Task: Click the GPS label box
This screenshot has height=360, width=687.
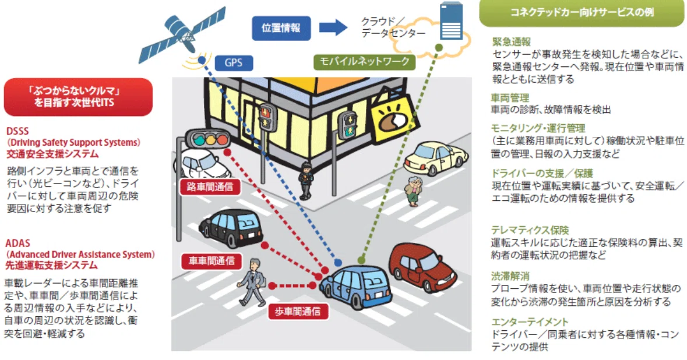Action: point(234,63)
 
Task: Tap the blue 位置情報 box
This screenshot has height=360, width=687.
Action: point(281,28)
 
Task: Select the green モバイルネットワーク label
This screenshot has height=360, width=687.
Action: point(364,61)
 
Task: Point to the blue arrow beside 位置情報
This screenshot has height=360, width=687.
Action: point(333,27)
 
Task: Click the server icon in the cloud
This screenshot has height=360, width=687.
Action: point(451,21)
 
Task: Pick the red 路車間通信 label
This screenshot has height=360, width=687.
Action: point(209,187)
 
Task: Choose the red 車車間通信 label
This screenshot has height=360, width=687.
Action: point(211,261)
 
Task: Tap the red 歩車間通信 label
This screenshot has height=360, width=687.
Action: point(298,312)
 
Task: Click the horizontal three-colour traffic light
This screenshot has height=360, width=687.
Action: point(207,140)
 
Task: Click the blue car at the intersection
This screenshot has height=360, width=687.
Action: point(355,286)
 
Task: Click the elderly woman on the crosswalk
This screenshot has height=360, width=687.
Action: point(413,191)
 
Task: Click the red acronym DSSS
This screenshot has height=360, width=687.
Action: point(17,131)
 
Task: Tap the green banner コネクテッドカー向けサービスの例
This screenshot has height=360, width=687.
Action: point(582,13)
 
